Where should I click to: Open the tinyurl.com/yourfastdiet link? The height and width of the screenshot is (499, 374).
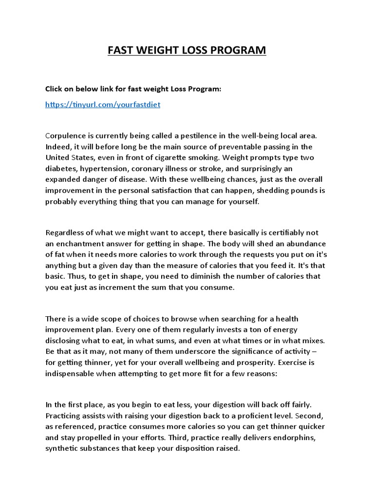click(x=102, y=104)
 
